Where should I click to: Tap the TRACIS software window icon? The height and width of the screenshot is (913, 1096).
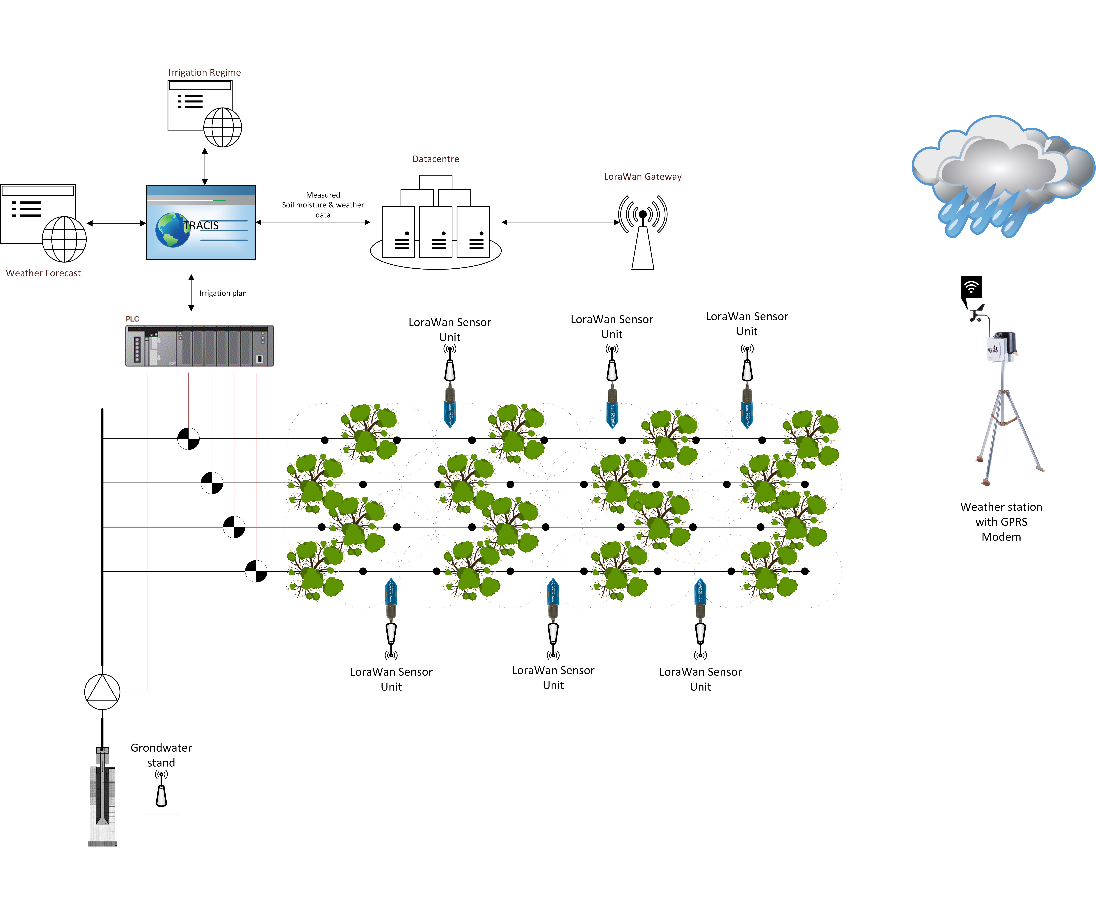(x=201, y=222)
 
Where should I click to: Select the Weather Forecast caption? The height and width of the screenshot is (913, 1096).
(x=43, y=273)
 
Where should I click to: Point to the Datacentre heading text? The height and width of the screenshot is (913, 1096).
(x=436, y=159)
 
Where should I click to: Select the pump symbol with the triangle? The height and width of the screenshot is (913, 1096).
(x=102, y=692)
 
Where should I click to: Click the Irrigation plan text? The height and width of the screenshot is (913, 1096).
(x=223, y=293)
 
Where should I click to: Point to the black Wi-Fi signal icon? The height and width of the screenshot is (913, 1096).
(x=971, y=287)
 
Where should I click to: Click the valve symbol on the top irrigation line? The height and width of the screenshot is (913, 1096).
(x=188, y=439)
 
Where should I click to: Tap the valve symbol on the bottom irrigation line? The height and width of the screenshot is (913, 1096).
(x=256, y=571)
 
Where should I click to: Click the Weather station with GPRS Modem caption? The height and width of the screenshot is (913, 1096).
(x=1001, y=522)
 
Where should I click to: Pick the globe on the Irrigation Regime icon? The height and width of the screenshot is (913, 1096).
(x=223, y=127)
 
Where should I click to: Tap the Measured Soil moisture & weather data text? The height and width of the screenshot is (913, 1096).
(x=323, y=204)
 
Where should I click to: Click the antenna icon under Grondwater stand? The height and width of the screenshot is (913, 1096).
(x=161, y=789)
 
